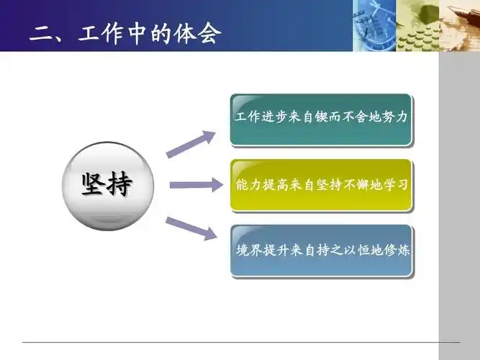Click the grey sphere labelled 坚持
(x=107, y=186)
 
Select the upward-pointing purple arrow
(x=191, y=144)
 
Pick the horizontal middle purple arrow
(x=196, y=185)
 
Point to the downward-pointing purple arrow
(x=191, y=228)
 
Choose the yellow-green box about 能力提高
(x=321, y=185)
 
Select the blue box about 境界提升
(x=321, y=251)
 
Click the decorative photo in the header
(x=416, y=25)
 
